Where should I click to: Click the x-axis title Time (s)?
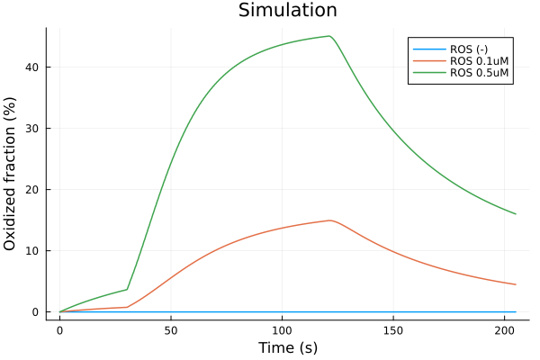click(x=287, y=347)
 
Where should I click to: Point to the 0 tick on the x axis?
click(x=60, y=330)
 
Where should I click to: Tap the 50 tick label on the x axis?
click(x=171, y=330)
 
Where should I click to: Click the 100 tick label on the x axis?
click(x=282, y=330)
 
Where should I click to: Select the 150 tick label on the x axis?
click(x=393, y=330)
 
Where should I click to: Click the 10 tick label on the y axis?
click(x=33, y=251)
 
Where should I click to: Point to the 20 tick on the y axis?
click(x=33, y=190)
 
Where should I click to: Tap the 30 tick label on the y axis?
click(x=33, y=129)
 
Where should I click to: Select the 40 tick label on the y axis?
click(x=33, y=67)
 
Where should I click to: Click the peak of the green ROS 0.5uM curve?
click(x=329, y=36)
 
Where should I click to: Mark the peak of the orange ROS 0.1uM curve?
click(x=330, y=220)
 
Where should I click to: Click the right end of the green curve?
click(x=516, y=214)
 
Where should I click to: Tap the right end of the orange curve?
click(x=516, y=284)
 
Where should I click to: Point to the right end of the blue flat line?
click(x=516, y=311)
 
